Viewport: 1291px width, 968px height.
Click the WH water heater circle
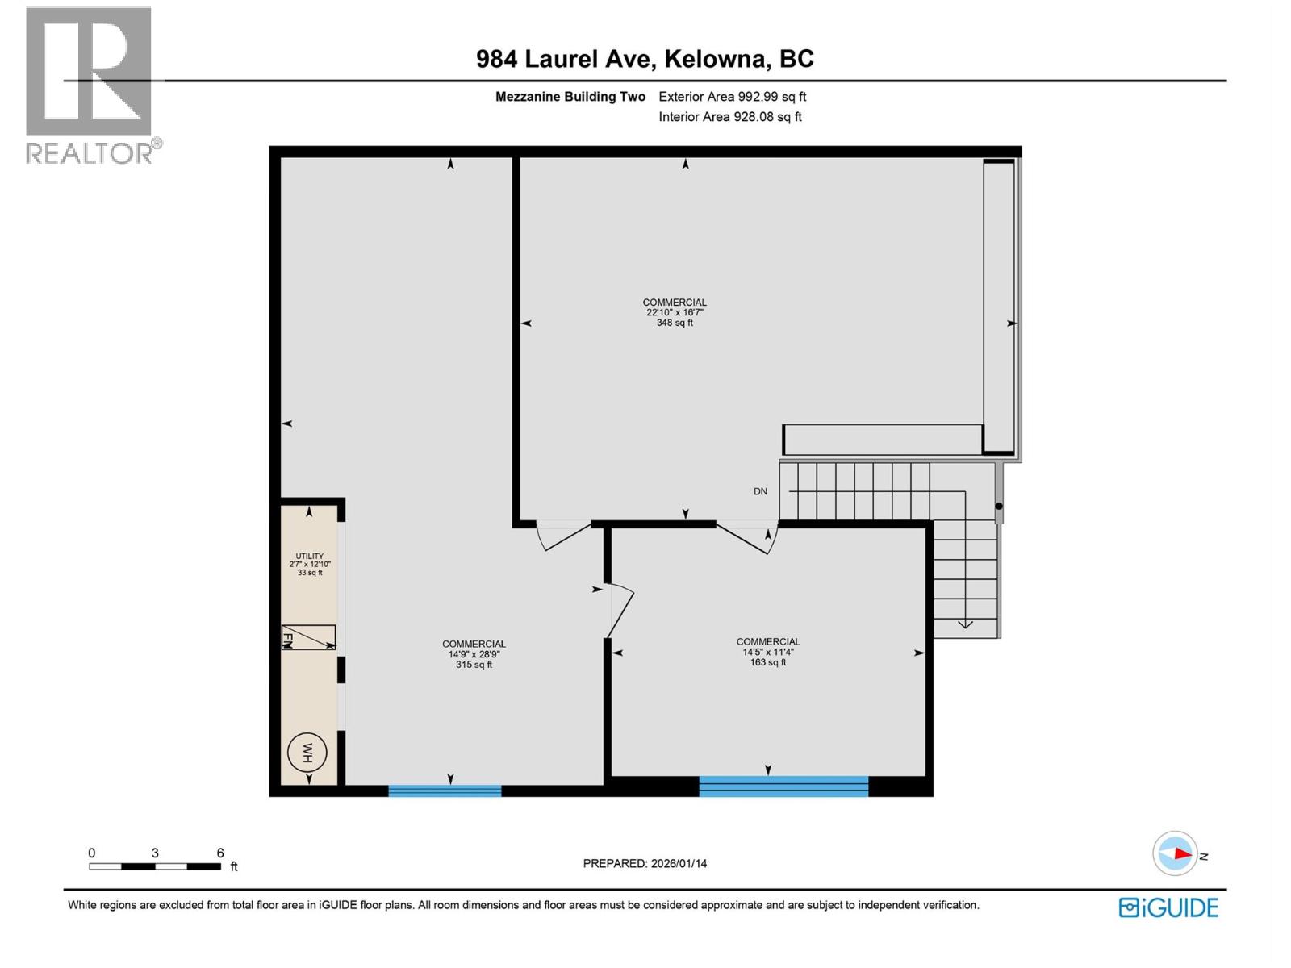(307, 753)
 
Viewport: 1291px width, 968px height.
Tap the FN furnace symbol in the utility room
(308, 637)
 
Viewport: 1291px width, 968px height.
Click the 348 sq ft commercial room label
(675, 312)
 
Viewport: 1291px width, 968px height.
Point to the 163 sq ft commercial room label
(767, 652)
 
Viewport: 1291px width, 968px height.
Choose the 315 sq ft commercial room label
(474, 654)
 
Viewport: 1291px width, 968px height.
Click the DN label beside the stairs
(760, 491)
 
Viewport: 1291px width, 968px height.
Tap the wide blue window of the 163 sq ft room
(783, 786)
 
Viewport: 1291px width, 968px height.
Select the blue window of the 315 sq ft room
(445, 791)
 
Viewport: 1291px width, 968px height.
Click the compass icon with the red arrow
(1175, 853)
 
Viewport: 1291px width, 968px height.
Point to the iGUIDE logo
(1168, 907)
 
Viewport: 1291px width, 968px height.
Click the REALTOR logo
(90, 85)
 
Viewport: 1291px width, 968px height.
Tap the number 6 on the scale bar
(220, 853)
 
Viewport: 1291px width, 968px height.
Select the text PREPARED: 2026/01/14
(645, 863)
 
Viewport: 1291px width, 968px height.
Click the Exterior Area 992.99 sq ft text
(732, 97)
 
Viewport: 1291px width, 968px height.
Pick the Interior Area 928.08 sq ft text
(729, 117)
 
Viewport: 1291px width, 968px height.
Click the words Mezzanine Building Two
(570, 97)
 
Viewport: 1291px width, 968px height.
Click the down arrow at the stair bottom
(965, 623)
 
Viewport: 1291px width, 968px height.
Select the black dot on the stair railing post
(998, 507)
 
